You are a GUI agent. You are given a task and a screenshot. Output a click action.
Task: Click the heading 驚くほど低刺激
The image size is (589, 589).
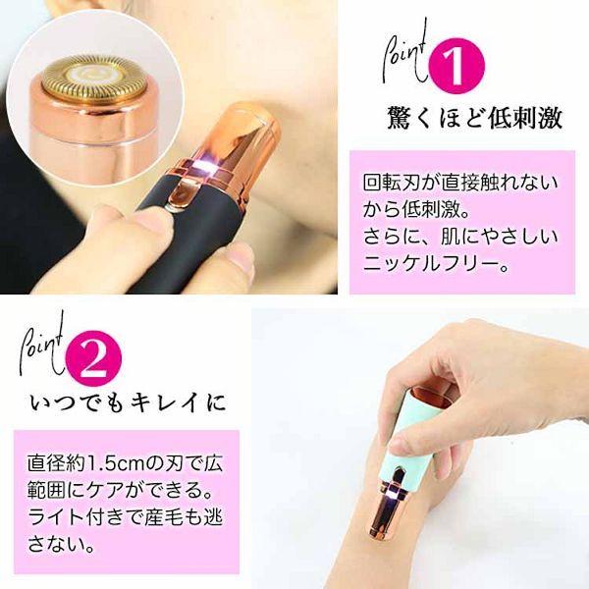click(473, 119)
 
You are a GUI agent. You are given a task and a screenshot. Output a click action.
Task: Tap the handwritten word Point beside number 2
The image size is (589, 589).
click(44, 346)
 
